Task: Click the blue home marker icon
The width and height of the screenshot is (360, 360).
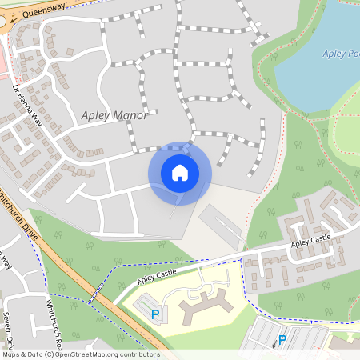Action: tap(179, 173)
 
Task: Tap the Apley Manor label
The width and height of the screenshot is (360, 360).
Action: tap(114, 115)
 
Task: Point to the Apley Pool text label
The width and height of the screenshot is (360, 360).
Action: tap(341, 54)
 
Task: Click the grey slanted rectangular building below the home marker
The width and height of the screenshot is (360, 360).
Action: tap(220, 226)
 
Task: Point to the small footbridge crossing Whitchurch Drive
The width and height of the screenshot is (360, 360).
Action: tap(95, 294)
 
